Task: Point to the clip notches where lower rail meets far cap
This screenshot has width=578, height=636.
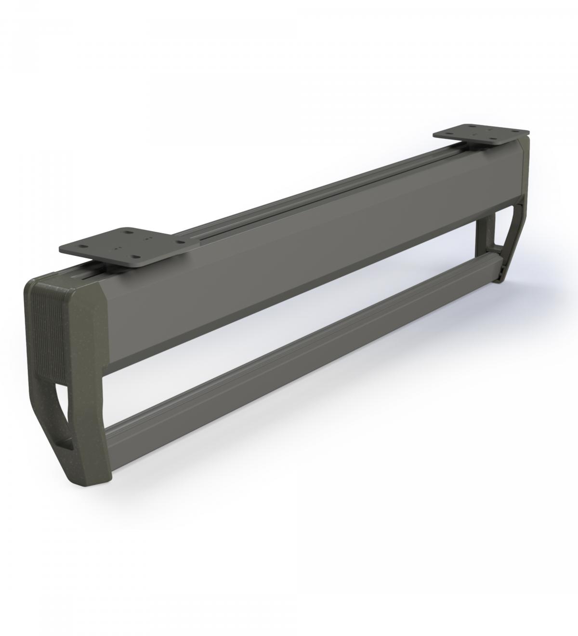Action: (x=491, y=260)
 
